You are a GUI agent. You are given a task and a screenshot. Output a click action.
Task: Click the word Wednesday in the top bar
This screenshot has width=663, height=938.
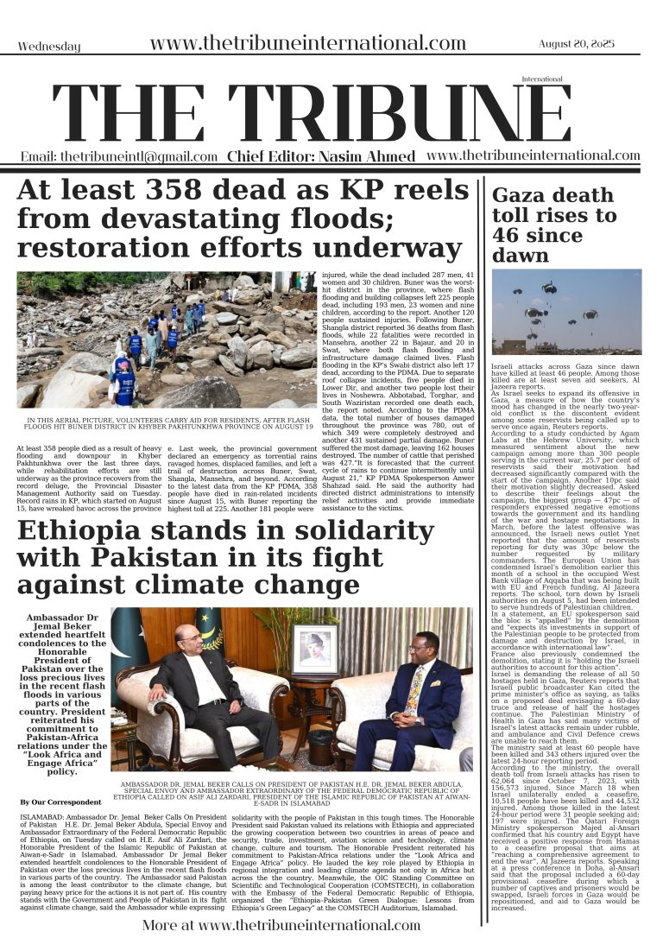48,47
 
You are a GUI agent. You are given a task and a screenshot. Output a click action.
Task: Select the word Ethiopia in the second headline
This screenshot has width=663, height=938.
98,531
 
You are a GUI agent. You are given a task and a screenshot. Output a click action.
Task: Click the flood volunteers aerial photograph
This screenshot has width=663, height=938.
167,339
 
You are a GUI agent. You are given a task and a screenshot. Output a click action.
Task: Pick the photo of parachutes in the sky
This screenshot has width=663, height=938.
566,312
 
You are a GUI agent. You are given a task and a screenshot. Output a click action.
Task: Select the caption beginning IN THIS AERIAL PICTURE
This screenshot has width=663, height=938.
167,426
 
